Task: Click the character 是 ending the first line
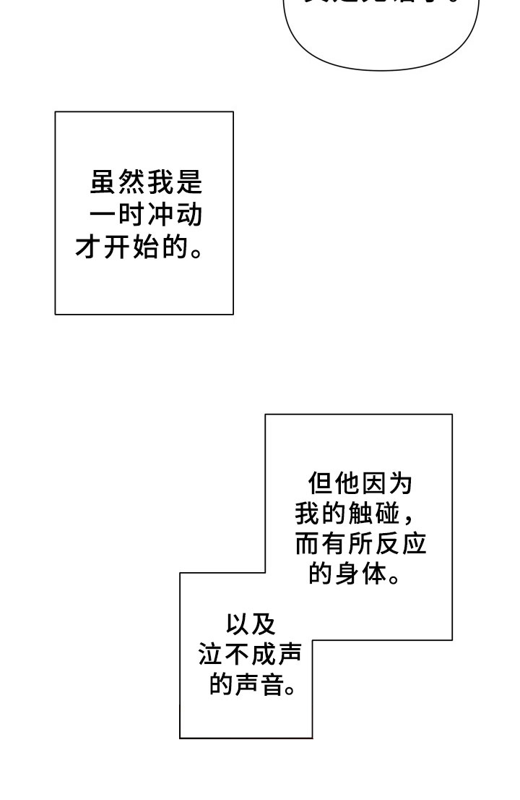[189, 182]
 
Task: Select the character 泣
[210, 655]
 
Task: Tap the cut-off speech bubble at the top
[381, 33]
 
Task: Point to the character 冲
[160, 215]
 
